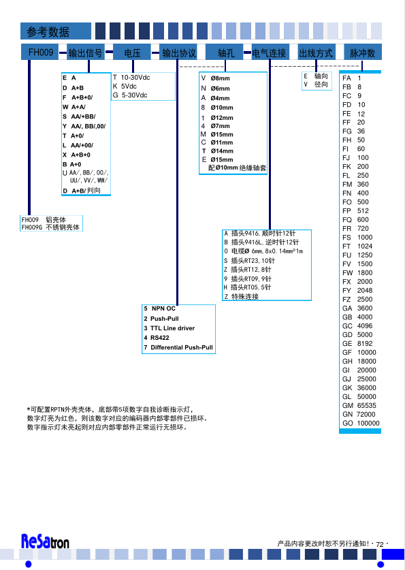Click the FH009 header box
(x=40, y=52)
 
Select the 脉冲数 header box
(x=363, y=52)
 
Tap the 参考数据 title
(x=48, y=31)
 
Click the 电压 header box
(x=132, y=52)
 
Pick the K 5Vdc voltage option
(x=125, y=86)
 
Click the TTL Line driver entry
(x=169, y=328)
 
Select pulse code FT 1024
(x=357, y=246)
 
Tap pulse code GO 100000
(x=361, y=423)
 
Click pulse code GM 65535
(x=359, y=405)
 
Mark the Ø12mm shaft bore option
(x=217, y=117)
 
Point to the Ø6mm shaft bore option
(x=215, y=89)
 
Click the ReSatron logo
(x=45, y=541)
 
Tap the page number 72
(x=380, y=544)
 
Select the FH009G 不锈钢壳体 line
(x=50, y=227)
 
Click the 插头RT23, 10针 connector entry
(x=250, y=261)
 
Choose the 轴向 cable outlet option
(x=316, y=76)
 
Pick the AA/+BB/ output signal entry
(x=79, y=116)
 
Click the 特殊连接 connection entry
(x=241, y=297)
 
